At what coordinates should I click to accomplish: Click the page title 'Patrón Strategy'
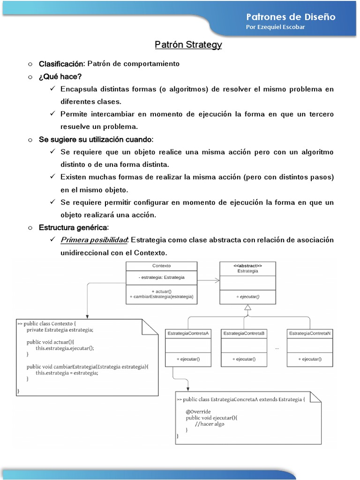point(188,45)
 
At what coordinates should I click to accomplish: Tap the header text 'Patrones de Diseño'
point(291,16)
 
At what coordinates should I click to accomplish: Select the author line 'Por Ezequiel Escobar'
point(275,27)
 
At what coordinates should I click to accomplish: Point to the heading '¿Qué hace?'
point(60,76)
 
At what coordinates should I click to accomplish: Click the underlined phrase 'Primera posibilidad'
point(94,240)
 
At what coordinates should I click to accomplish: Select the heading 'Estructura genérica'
point(74,227)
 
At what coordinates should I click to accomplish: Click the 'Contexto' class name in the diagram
point(162,265)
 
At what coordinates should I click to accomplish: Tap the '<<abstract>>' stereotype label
point(247,265)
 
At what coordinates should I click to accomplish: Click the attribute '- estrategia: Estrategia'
point(162,277)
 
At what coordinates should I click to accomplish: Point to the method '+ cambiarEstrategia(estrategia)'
point(162,297)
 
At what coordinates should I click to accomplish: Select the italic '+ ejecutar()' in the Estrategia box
point(247,297)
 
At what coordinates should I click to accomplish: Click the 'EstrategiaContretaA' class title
point(188,333)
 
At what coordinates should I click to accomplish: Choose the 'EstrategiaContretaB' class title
point(244,333)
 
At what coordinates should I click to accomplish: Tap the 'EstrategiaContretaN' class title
point(310,333)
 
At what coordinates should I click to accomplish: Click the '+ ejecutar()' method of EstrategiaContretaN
point(310,359)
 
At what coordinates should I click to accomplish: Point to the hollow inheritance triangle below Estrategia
point(247,308)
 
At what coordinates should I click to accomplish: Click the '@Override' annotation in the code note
point(197,412)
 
